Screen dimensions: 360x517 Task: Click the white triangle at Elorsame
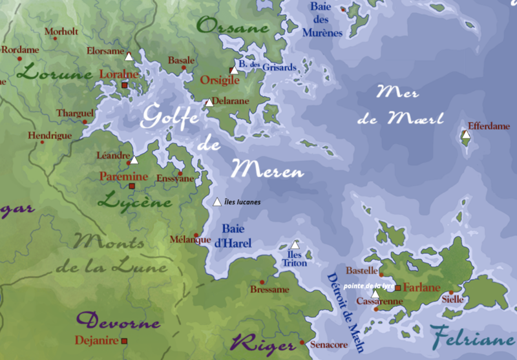pyautogui.click(x=129, y=56)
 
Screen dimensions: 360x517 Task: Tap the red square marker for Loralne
pyautogui.click(x=125, y=85)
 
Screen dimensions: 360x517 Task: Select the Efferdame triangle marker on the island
pyautogui.click(x=466, y=135)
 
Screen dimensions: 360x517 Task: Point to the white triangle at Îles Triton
pyautogui.click(x=295, y=245)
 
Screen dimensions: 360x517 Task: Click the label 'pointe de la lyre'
pyautogui.click(x=369, y=285)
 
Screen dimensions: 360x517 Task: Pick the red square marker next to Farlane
pyautogui.click(x=398, y=288)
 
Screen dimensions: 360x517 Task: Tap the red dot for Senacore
pyautogui.click(x=302, y=342)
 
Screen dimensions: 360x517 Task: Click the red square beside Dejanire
pyautogui.click(x=124, y=340)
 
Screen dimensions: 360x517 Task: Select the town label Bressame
pyautogui.click(x=269, y=290)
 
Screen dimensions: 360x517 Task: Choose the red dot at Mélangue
pyautogui.click(x=196, y=234)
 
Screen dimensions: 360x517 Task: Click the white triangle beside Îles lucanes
pyautogui.click(x=218, y=202)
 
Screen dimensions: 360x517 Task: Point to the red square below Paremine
pyautogui.click(x=132, y=186)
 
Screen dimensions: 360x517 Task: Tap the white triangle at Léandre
pyautogui.click(x=134, y=160)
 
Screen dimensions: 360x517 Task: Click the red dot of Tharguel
pyautogui.click(x=85, y=121)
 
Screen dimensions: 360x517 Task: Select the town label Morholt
pyautogui.click(x=61, y=30)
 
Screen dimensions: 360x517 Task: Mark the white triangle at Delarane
pyautogui.click(x=209, y=102)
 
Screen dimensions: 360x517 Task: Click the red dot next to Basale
pyautogui.click(x=184, y=67)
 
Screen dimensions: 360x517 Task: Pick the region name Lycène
pyautogui.click(x=135, y=201)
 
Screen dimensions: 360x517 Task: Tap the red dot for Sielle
pyautogui.click(x=451, y=292)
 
